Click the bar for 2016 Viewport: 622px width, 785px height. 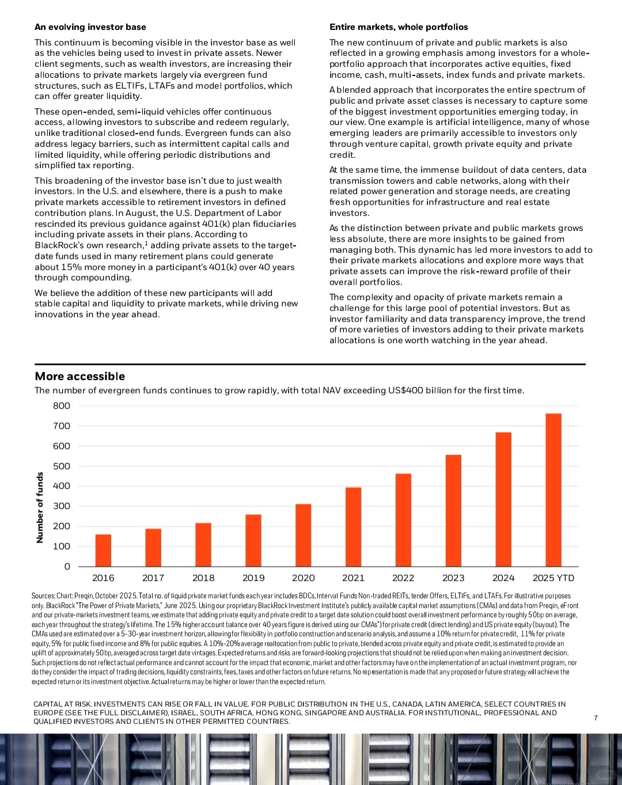pos(103,551)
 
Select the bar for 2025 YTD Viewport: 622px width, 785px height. pos(553,490)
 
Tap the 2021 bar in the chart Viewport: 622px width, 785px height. pos(353,527)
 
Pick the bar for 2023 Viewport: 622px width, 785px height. pos(453,510)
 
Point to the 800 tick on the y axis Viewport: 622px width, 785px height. pos(62,406)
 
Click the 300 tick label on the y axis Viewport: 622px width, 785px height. pos(62,506)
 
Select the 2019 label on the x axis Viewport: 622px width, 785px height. pos(253,578)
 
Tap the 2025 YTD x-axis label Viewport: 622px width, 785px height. pos(553,578)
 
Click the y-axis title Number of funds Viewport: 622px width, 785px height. pos(40,507)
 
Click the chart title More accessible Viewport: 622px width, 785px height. pos(80,376)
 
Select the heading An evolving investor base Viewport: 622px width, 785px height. pos(90,27)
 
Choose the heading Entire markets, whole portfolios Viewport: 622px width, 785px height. pos(399,27)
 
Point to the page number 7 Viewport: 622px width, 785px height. pos(596,718)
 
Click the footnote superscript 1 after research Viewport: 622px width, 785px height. pos(146,243)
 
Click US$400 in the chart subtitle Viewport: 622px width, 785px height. pos(405,390)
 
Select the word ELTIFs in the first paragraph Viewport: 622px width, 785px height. pos(130,86)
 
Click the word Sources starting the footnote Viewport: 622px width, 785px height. pos(43,596)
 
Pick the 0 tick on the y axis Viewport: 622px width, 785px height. pos(67,567)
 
